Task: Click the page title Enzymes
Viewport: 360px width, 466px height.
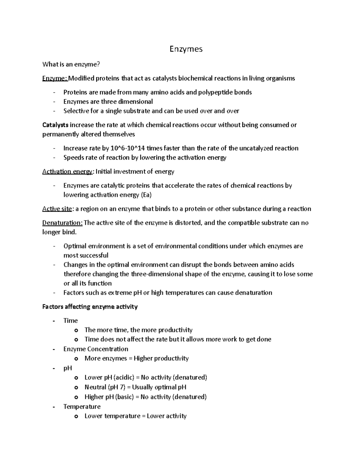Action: tap(186, 49)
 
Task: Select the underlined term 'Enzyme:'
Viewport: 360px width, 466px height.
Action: tap(55, 78)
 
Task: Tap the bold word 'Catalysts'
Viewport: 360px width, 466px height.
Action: tap(55, 125)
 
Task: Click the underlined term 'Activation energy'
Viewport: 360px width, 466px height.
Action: tap(67, 172)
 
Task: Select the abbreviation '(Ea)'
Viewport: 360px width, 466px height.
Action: tap(146, 195)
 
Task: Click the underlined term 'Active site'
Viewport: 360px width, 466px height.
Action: tap(57, 209)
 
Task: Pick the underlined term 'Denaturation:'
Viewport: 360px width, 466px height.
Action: tap(62, 223)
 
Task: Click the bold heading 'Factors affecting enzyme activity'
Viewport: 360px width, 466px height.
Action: tap(90, 307)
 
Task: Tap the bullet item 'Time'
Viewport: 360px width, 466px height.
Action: tap(70, 320)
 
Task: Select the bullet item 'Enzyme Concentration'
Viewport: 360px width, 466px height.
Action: tap(96, 349)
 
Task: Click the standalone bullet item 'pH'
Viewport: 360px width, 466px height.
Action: tap(67, 368)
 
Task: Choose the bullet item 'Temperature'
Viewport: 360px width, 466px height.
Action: tap(82, 407)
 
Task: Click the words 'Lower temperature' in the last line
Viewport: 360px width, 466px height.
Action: tap(112, 416)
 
